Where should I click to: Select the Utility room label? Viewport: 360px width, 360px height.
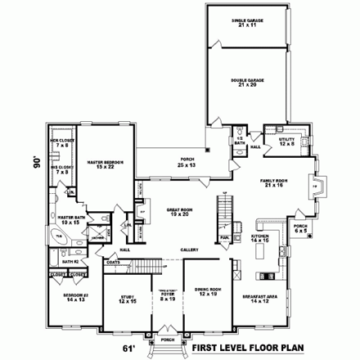click(x=286, y=141)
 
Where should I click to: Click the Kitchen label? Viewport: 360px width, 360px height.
click(x=261, y=237)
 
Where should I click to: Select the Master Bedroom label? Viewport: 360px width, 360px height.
click(x=106, y=164)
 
